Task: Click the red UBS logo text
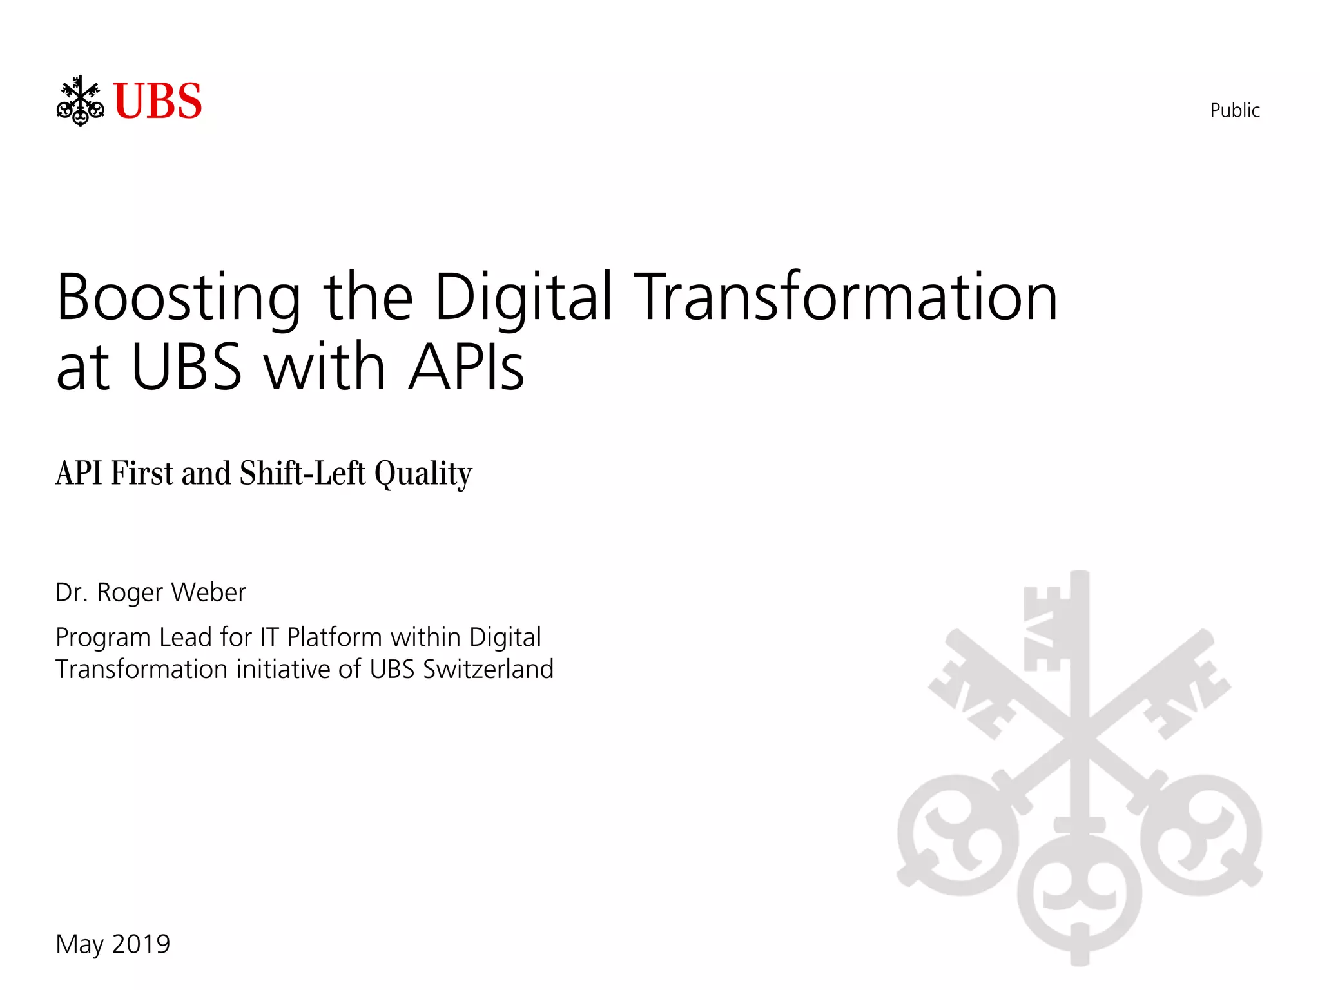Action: click(x=157, y=102)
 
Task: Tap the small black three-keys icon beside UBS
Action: click(x=80, y=101)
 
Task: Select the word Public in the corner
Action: click(x=1234, y=110)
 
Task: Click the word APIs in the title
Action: click(x=467, y=367)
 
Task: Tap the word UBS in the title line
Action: click(x=186, y=367)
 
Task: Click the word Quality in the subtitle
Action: click(x=423, y=474)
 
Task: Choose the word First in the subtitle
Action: click(x=142, y=473)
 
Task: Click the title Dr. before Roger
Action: click(x=71, y=592)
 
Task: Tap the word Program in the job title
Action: click(x=103, y=638)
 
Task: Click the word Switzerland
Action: click(x=488, y=670)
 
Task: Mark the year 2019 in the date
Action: click(x=141, y=944)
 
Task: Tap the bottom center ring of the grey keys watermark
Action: click(x=1080, y=893)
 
